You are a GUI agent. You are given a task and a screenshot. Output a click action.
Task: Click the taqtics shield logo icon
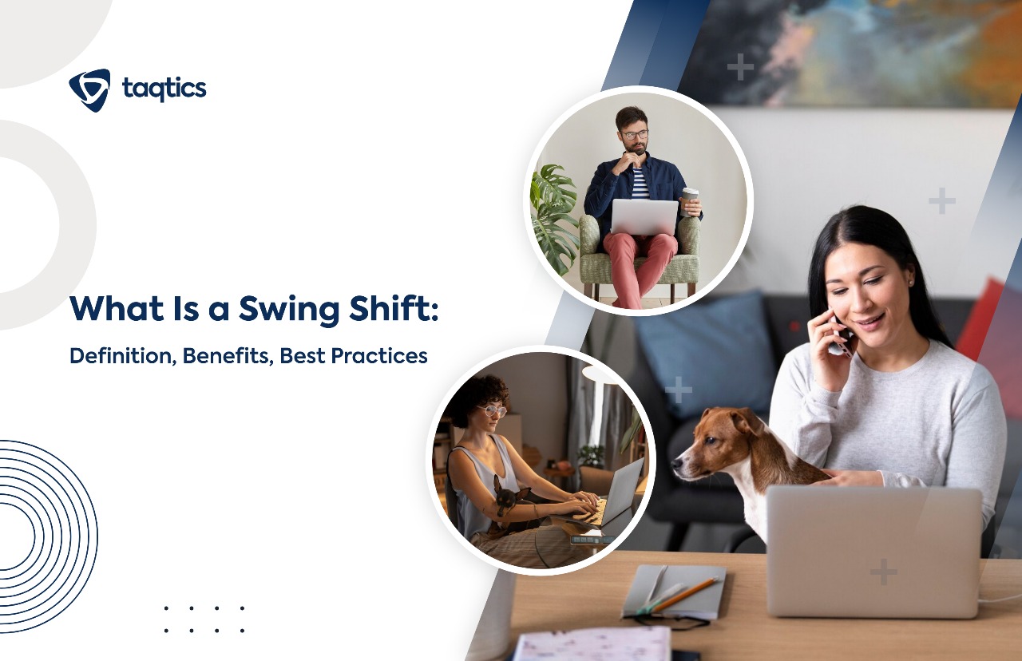click(89, 89)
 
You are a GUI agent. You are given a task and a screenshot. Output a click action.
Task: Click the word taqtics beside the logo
click(164, 89)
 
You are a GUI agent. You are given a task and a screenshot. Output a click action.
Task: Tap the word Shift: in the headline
click(400, 310)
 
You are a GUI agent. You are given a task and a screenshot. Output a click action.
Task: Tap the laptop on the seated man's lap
click(644, 216)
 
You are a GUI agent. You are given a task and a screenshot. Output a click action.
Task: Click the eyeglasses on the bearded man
click(634, 135)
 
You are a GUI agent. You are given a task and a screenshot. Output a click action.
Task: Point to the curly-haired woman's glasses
click(493, 410)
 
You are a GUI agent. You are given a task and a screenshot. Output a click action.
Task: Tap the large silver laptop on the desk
click(873, 551)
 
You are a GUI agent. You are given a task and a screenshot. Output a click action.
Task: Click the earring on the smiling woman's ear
click(911, 281)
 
